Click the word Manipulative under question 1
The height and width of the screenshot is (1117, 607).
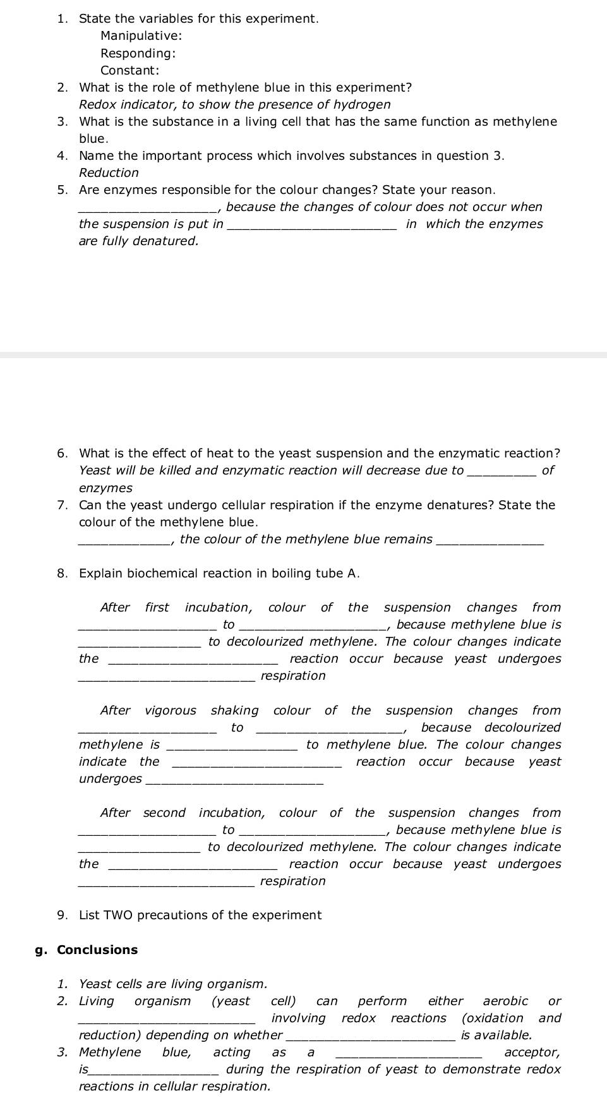click(140, 36)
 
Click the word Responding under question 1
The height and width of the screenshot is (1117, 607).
click(137, 54)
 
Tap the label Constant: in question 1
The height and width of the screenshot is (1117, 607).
click(129, 71)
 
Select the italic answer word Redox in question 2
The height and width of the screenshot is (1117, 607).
click(96, 105)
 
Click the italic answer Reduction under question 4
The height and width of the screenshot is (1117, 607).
click(109, 173)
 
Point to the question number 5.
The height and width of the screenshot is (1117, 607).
click(62, 190)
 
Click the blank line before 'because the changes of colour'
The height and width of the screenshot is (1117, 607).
click(147, 210)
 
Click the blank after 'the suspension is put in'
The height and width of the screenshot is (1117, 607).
click(312, 227)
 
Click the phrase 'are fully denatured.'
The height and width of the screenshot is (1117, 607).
click(138, 241)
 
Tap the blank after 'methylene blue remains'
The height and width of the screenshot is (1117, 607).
click(490, 542)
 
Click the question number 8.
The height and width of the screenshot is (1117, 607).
click(62, 574)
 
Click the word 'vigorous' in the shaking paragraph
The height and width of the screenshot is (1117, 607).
click(171, 711)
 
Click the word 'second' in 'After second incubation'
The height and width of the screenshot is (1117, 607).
click(164, 813)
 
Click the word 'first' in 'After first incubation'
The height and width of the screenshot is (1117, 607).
click(157, 608)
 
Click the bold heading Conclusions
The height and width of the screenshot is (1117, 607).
click(97, 950)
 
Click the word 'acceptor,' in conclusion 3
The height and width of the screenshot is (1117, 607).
click(532, 1053)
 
